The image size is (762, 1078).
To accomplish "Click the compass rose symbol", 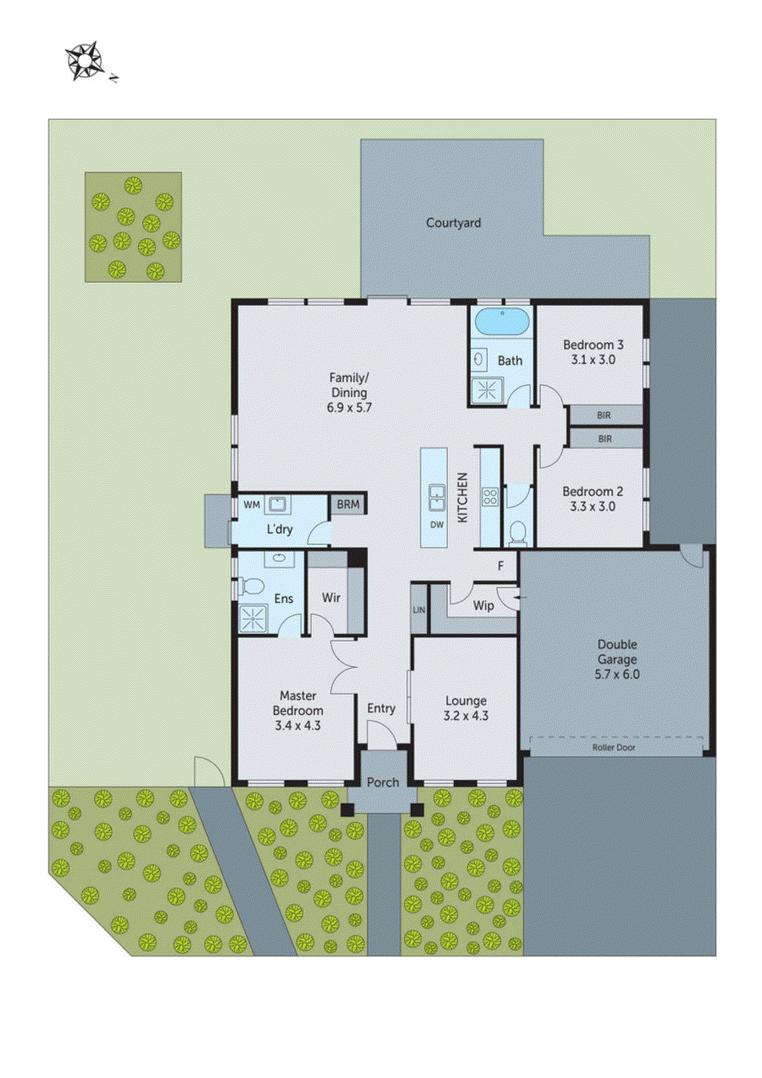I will (85, 61).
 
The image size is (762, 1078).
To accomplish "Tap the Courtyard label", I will (453, 222).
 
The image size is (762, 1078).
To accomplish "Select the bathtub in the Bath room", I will (502, 322).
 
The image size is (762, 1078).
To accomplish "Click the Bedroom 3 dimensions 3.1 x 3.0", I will (593, 360).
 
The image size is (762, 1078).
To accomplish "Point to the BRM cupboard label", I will (348, 504).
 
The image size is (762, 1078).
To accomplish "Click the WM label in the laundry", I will (251, 505).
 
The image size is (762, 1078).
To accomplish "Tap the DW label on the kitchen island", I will (437, 525).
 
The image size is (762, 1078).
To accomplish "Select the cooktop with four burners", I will (490, 497).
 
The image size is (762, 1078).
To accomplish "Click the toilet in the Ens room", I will (251, 586).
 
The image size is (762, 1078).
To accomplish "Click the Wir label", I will (331, 598).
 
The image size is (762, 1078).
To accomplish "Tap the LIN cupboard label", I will (419, 610).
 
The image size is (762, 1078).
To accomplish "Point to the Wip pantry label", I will (483, 605).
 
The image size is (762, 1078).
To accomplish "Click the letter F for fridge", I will (501, 566).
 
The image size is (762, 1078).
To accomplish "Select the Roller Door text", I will (613, 747).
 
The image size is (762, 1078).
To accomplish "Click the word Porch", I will (383, 782).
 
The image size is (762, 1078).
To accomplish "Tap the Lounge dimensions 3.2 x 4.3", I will (466, 716).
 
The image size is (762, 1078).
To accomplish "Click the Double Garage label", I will (616, 652).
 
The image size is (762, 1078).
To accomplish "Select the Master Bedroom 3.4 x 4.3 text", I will (298, 710).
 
